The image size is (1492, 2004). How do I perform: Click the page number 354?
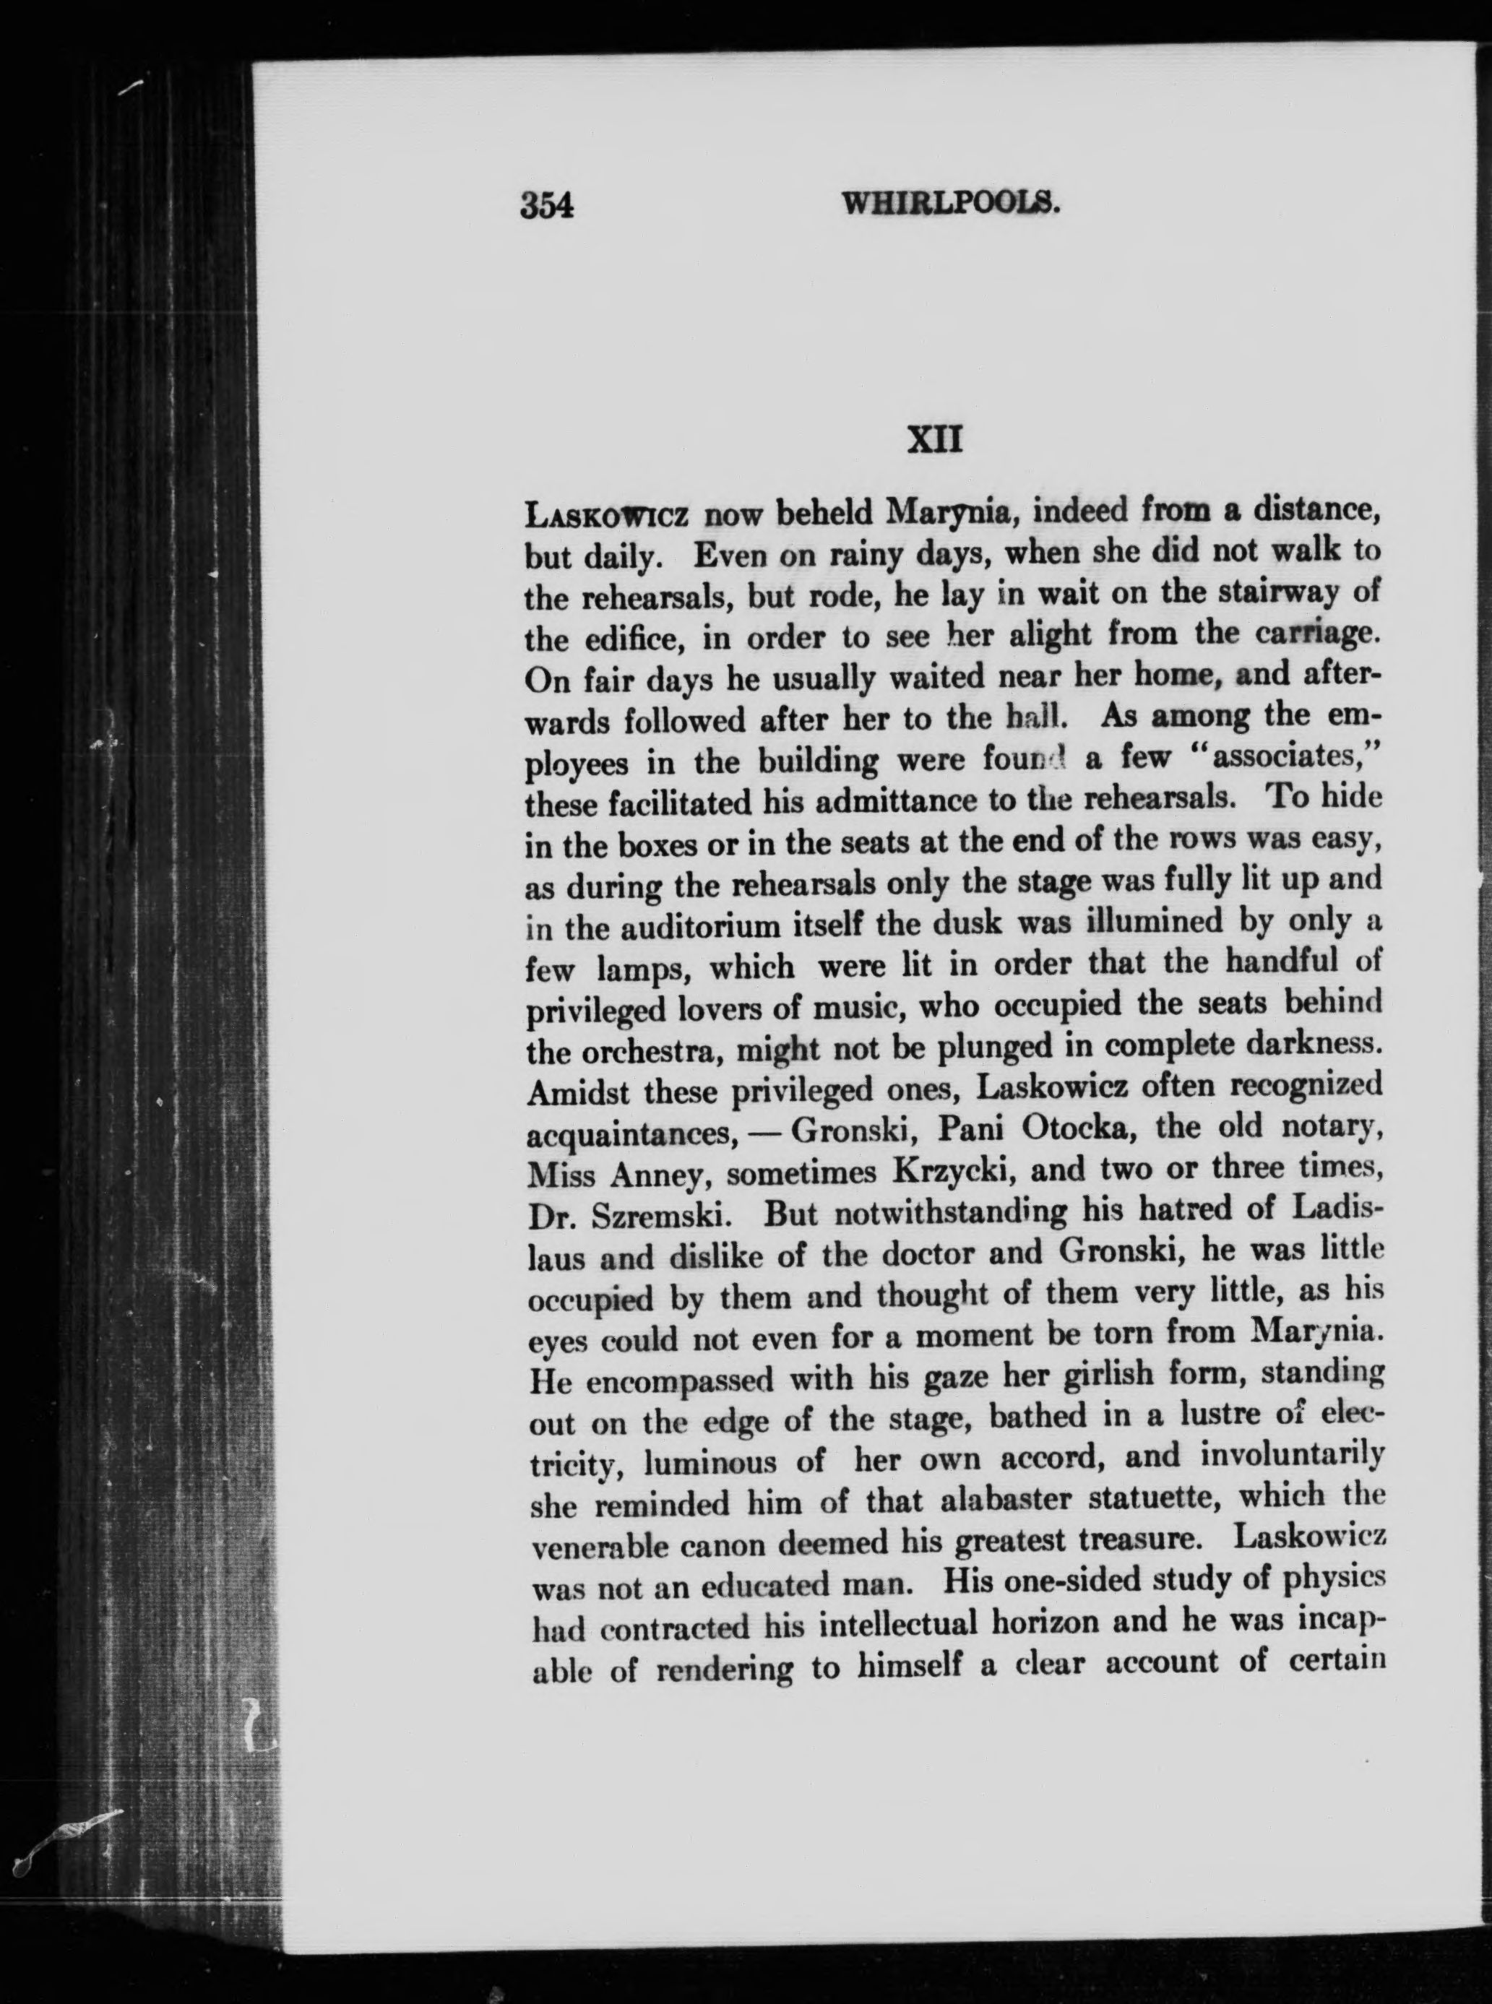(x=548, y=206)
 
